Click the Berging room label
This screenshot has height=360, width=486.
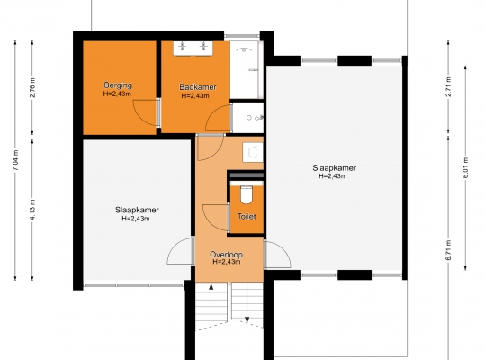(x=118, y=85)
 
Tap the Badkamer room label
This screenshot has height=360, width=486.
(x=198, y=87)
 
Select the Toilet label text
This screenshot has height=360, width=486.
(x=247, y=216)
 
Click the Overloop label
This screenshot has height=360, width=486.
(x=226, y=255)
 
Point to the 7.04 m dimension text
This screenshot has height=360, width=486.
(x=16, y=160)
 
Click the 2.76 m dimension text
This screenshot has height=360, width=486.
(x=33, y=87)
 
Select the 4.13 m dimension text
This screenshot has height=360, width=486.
(x=33, y=210)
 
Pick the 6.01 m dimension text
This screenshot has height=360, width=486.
(x=465, y=167)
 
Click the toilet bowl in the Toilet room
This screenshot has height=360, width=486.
(x=247, y=194)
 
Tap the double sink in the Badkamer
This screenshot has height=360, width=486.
(x=193, y=48)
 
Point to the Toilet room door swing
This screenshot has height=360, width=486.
(x=215, y=218)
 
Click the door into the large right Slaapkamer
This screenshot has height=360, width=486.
(x=278, y=255)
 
